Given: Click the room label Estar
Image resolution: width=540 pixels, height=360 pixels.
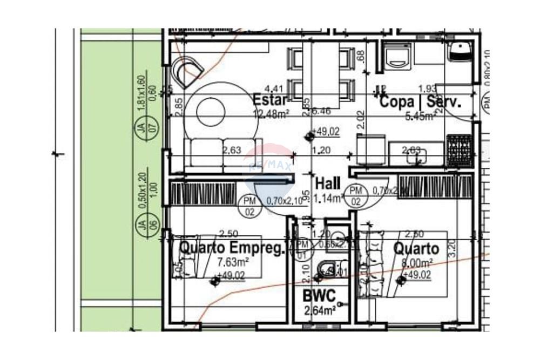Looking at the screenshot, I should (x=271, y=100).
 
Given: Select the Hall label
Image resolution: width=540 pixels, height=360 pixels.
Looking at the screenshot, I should (x=328, y=182).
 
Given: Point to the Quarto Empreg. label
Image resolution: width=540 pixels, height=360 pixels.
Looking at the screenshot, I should (x=231, y=249).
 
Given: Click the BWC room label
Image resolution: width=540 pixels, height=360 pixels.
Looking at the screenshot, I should (x=319, y=296).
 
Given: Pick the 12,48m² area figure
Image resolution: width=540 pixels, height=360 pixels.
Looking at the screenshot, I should (x=271, y=113).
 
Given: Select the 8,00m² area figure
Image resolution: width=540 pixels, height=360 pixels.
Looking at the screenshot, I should (x=416, y=263).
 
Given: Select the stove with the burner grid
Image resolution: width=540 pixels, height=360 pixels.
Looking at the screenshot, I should (x=459, y=146).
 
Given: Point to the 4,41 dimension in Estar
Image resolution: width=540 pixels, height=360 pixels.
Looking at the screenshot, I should (x=273, y=87).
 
